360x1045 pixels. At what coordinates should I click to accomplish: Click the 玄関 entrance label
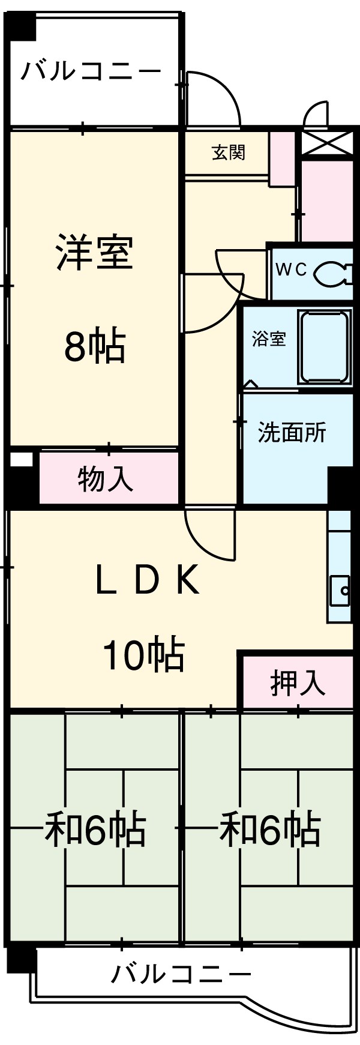[x=229, y=152]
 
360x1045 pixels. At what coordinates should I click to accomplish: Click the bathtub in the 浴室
[x=325, y=347]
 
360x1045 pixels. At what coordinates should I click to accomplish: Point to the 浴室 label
[x=269, y=339]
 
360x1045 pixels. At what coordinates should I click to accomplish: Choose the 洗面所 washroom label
[x=292, y=432]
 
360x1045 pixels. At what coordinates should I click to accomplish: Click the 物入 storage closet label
[x=106, y=478]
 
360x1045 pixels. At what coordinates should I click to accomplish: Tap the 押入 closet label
[x=298, y=682]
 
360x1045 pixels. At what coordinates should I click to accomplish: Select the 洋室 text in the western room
[x=95, y=253]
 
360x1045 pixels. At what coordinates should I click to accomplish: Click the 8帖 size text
[x=95, y=346]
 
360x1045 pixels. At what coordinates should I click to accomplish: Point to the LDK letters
[x=148, y=581]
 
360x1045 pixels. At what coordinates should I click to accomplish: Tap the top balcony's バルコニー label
[x=91, y=72]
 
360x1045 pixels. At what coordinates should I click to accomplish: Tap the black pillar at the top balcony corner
[x=22, y=25]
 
